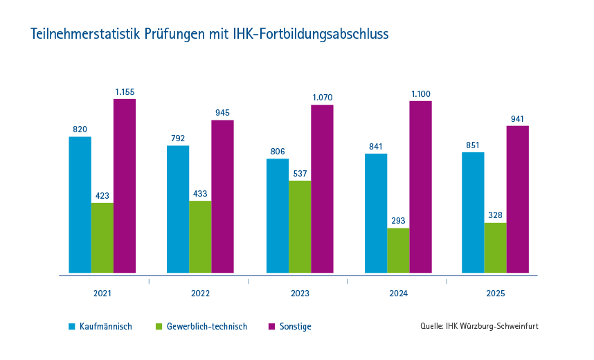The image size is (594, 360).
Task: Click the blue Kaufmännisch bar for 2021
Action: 80,205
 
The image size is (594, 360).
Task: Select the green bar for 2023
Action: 300,227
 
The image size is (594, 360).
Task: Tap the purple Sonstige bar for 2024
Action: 420,187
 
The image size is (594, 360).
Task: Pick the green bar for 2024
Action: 398,251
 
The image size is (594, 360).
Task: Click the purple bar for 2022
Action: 222,197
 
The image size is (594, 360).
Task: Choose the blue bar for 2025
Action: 473,213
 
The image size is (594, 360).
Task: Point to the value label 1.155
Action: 125,91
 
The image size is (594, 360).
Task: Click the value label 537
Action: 300,173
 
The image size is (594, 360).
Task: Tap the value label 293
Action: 398,221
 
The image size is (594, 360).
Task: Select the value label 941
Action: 517,118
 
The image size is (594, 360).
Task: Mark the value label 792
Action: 178,138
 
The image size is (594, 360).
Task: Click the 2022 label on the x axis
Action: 200,294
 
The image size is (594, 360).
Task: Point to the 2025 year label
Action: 496,294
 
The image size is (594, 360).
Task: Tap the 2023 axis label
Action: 300,294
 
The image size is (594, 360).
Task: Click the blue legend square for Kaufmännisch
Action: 71,326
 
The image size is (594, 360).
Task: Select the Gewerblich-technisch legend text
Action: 207,326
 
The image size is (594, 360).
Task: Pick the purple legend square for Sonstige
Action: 271,326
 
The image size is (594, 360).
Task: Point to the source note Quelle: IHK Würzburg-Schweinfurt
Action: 478,326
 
